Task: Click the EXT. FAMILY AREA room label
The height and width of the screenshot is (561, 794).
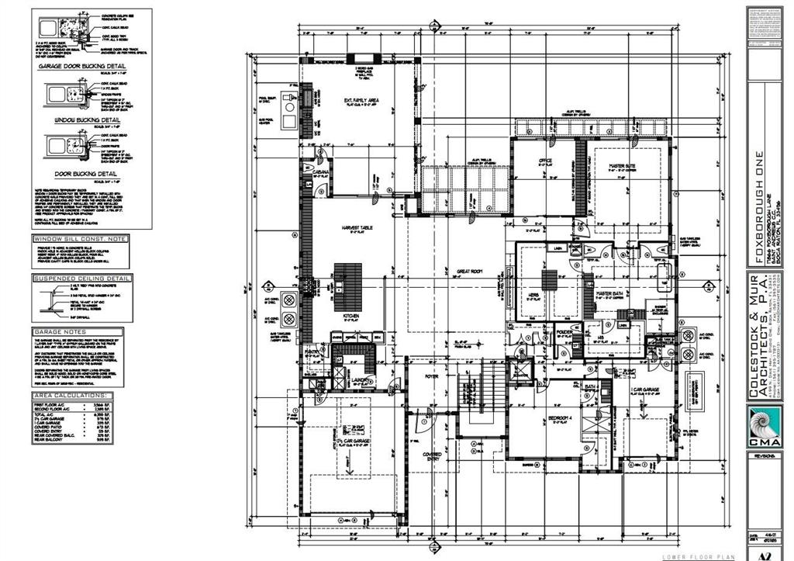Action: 361,101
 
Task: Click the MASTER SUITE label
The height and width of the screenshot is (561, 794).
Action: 622,164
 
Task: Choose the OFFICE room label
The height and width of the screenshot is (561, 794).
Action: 544,161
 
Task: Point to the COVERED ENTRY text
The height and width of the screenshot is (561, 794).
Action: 432,456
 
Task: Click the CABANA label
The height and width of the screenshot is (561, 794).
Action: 321,171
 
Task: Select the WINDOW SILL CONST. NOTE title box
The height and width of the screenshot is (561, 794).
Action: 81,239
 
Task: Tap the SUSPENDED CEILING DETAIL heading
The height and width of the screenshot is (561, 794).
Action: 81,278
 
